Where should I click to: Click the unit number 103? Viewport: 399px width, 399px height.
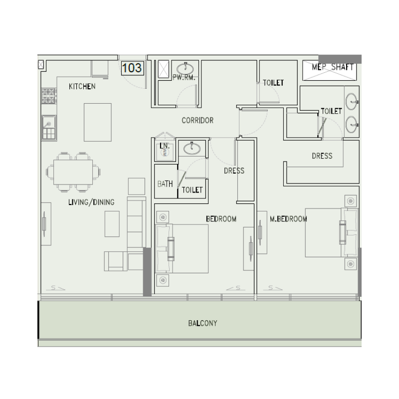click(x=132, y=68)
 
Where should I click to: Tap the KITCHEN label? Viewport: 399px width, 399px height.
click(x=82, y=87)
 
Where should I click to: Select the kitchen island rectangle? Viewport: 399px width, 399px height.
click(x=98, y=122)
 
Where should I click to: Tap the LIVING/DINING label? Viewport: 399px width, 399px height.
click(x=91, y=202)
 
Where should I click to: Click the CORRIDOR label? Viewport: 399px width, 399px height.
click(x=198, y=120)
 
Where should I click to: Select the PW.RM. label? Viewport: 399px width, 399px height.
click(x=183, y=78)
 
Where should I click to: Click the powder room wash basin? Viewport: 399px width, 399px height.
click(x=186, y=67)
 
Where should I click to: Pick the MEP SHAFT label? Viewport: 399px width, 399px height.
click(x=333, y=67)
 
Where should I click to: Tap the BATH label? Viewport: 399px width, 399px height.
click(x=165, y=184)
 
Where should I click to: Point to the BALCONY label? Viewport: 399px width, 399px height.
click(x=202, y=323)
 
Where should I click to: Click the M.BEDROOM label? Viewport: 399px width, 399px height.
click(x=288, y=219)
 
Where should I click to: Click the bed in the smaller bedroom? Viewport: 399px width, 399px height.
click(x=183, y=248)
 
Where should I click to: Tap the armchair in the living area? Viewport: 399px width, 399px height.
click(x=116, y=261)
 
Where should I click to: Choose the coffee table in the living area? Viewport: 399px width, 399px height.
click(x=112, y=223)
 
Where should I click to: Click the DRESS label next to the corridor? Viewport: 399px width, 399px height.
click(x=234, y=171)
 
